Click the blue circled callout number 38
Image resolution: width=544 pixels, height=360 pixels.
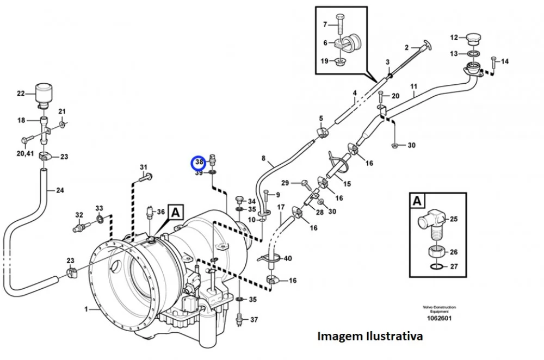pos(199,162)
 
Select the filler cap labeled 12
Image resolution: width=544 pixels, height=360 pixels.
pos(474,38)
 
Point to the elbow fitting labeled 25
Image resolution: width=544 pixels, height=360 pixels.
pos(431,224)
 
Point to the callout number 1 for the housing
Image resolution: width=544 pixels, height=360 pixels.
pos(86,309)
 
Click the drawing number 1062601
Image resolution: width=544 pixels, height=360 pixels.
pos(439,318)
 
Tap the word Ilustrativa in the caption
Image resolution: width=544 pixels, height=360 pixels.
pos(394,336)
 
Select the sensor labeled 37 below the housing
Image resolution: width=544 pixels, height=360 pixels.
pos(239,319)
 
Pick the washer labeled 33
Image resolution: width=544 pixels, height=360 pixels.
pos(100,219)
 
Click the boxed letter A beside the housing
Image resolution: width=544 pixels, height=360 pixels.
pos(176,212)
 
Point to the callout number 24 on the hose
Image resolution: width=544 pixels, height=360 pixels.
pos(60,190)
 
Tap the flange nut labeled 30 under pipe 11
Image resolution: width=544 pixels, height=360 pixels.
pos(395,145)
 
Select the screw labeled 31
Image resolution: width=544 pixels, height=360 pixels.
pos(146,178)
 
